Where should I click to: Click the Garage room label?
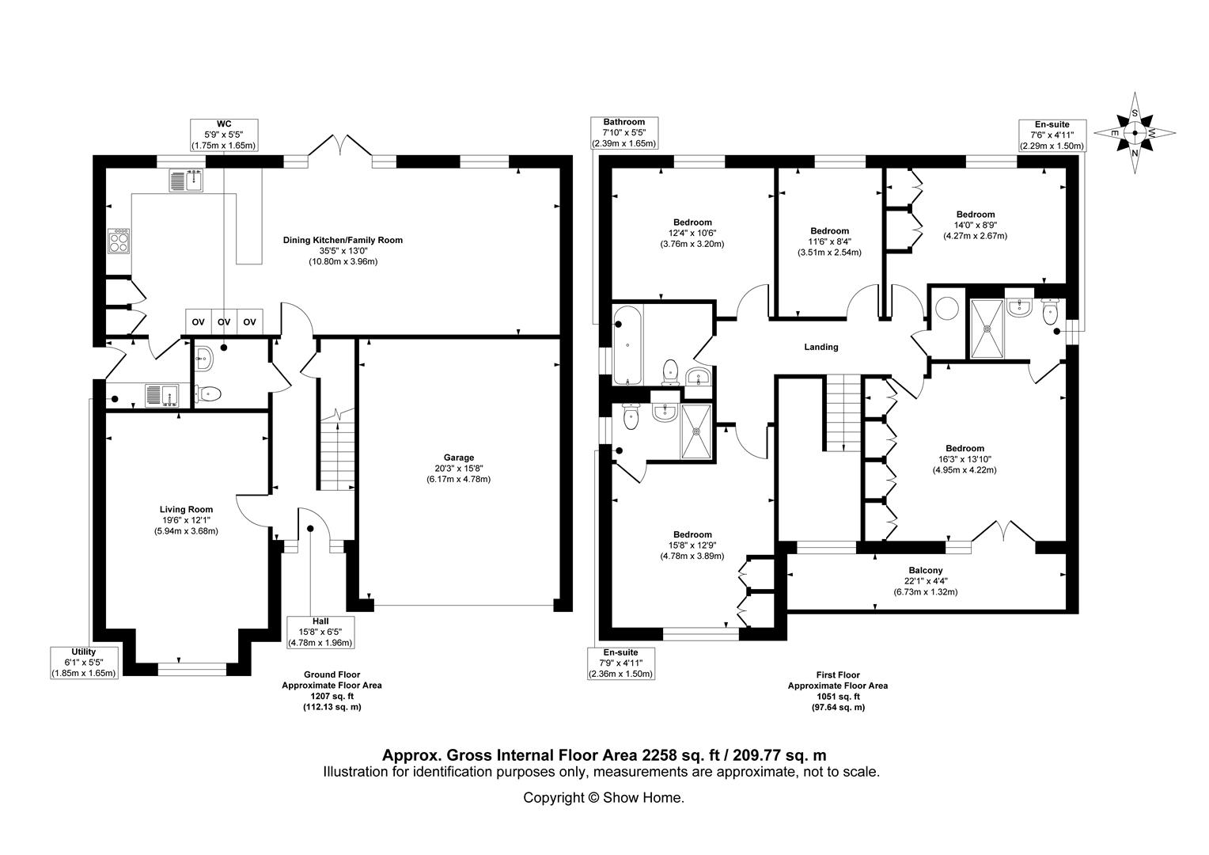459,458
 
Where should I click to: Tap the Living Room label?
186,509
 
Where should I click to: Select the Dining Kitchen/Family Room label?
343,240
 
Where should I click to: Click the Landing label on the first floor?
821,347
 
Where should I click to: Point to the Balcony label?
926,570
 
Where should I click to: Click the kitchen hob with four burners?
119,241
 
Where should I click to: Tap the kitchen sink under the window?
186,180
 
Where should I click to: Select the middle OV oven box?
224,322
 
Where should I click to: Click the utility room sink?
162,395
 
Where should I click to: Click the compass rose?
1135,133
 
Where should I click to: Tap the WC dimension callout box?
224,135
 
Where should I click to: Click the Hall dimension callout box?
320,632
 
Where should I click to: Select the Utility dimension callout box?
84,663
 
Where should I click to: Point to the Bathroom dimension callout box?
624,133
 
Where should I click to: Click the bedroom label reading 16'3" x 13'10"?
965,459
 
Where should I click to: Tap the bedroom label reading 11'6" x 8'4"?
829,241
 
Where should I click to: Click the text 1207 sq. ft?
332,696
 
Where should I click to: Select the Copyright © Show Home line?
604,798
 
